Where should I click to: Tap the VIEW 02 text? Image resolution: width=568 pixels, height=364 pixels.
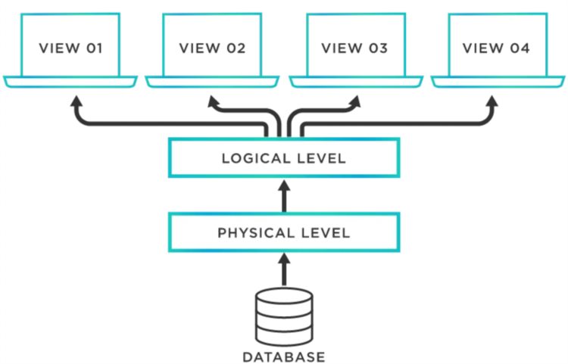212,48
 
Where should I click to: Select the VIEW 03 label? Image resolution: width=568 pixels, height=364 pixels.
354,48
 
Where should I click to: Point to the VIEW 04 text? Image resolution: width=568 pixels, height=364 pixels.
497,48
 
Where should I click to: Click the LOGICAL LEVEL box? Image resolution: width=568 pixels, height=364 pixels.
283,159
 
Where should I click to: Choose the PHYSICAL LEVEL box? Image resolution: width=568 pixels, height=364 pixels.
283,232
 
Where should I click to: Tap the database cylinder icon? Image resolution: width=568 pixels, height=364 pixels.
283,315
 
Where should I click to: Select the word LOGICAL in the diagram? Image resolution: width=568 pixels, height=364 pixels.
251,159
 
